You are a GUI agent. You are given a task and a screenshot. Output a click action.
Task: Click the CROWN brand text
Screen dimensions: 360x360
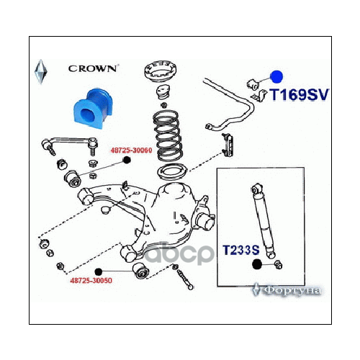click(94, 69)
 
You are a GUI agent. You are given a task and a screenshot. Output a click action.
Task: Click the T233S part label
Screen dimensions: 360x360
click(240, 250)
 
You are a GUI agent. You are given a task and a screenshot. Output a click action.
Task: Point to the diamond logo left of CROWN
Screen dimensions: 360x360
click(40, 71)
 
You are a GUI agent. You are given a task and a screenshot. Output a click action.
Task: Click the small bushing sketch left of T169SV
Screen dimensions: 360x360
click(253, 81)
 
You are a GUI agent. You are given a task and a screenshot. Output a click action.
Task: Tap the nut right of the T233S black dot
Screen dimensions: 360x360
click(279, 267)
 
